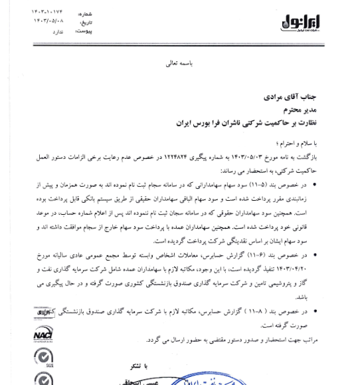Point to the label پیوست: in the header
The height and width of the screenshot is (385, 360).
[83, 31]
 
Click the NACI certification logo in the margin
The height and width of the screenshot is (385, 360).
[43, 333]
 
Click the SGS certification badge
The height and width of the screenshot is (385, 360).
[43, 358]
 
